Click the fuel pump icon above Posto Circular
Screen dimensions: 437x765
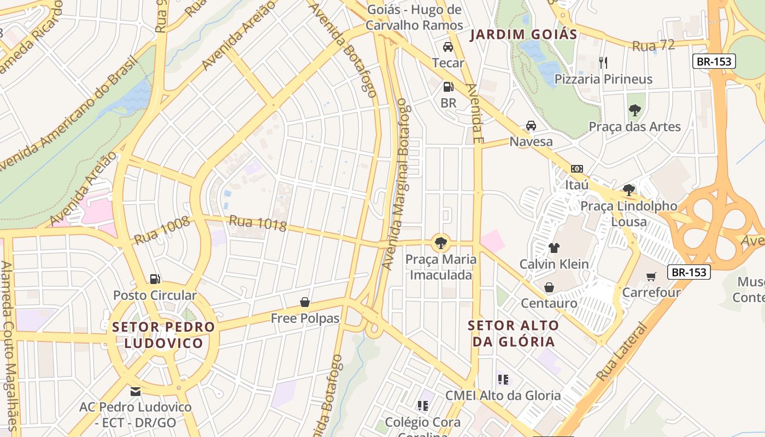click(x=155, y=279)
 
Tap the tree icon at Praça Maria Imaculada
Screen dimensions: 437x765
click(x=440, y=242)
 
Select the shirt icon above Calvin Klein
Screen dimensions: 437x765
click(x=554, y=247)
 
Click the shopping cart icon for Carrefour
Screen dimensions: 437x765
click(x=651, y=276)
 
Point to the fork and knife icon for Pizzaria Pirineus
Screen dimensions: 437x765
click(x=603, y=62)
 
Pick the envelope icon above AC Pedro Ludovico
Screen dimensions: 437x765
click(x=136, y=391)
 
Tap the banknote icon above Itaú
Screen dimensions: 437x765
click(x=576, y=169)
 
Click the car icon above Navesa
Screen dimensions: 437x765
click(x=531, y=126)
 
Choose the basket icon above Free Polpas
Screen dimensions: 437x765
click(x=305, y=302)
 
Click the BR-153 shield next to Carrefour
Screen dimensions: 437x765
click(x=689, y=272)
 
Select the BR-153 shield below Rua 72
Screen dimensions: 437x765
click(x=714, y=61)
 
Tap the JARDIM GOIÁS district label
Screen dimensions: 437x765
click(x=523, y=34)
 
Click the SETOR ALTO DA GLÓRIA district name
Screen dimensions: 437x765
click(x=513, y=334)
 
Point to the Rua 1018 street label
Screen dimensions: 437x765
click(x=257, y=223)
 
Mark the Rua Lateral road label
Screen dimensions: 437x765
click(x=621, y=352)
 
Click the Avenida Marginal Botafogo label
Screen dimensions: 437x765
click(x=395, y=184)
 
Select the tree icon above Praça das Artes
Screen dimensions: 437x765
click(x=634, y=110)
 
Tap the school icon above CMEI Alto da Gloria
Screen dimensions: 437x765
click(x=503, y=379)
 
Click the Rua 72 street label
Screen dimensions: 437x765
click(x=654, y=46)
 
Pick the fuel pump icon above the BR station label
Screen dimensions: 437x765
click(x=448, y=87)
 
